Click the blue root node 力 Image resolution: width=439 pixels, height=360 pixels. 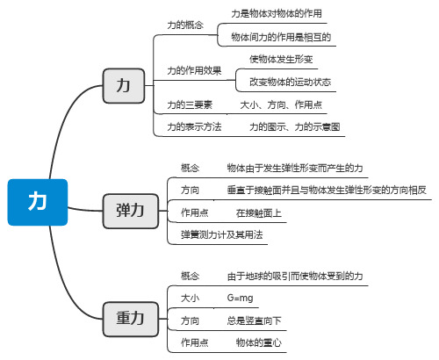pos(38,202)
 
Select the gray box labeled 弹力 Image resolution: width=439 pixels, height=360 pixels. pos(131,211)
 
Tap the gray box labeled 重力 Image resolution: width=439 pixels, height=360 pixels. pos(131,319)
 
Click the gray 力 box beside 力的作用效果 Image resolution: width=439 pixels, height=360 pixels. pos(124,86)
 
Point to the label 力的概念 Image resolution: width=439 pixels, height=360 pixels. pos(185,25)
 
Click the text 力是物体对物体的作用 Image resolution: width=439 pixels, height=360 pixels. pos(277,13)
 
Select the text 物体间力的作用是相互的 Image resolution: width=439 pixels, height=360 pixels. pos(281,37)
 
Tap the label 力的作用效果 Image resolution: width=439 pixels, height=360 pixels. pos(194,70)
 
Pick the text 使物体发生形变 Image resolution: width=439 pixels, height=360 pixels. pos(281,59)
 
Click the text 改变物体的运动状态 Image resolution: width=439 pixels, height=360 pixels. pos(290,82)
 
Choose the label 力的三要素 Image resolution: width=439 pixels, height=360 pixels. pos(190,104)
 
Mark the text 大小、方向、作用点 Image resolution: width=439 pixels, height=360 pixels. pos(281,104)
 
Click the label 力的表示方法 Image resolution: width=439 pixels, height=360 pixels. pos(194,126)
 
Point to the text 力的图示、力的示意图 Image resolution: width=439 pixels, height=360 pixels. pos(295,126)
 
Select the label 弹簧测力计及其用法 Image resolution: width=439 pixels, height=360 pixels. pos(222,234)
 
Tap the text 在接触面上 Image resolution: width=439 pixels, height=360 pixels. pos(259,212)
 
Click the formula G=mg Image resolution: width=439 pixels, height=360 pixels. pos(240,299)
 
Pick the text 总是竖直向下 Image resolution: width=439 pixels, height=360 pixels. pos(254,320)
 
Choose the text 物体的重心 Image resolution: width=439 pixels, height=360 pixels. pos(259,342)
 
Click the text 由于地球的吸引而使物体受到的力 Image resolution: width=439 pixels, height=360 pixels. pos(295,276)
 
